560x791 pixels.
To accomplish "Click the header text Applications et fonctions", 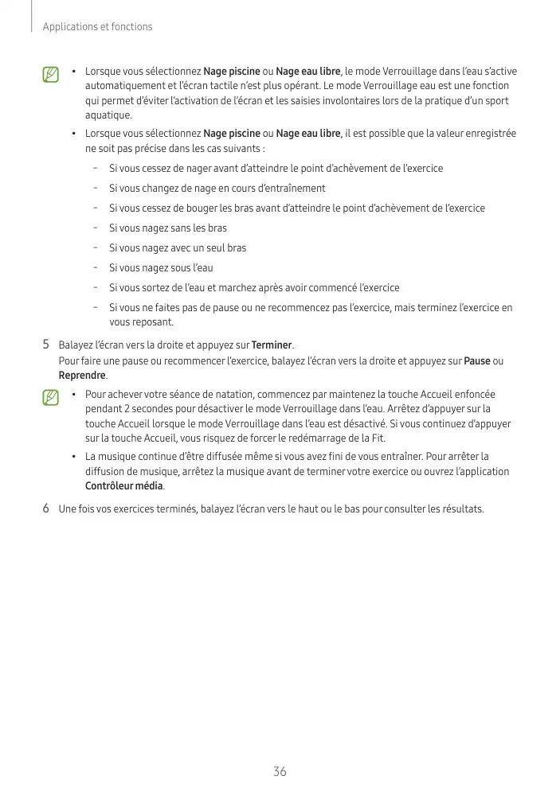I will (x=97, y=27).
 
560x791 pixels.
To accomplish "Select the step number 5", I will (x=46, y=345).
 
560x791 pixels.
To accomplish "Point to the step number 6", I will (x=46, y=509).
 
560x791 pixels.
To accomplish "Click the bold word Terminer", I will (x=272, y=345).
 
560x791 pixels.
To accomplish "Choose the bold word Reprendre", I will (x=82, y=376).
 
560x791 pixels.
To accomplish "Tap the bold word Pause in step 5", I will (x=476, y=360).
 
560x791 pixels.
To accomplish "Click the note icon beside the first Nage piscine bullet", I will (x=51, y=75).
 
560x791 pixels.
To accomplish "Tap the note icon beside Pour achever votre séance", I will (x=51, y=397).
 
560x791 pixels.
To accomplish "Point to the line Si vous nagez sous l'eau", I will (x=161, y=268).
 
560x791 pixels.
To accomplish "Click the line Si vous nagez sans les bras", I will (x=167, y=228).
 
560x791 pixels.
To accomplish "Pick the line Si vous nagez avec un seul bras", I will (x=177, y=248).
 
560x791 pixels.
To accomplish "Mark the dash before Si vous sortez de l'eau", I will (x=95, y=287).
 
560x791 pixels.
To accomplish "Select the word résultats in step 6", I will (x=461, y=509).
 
